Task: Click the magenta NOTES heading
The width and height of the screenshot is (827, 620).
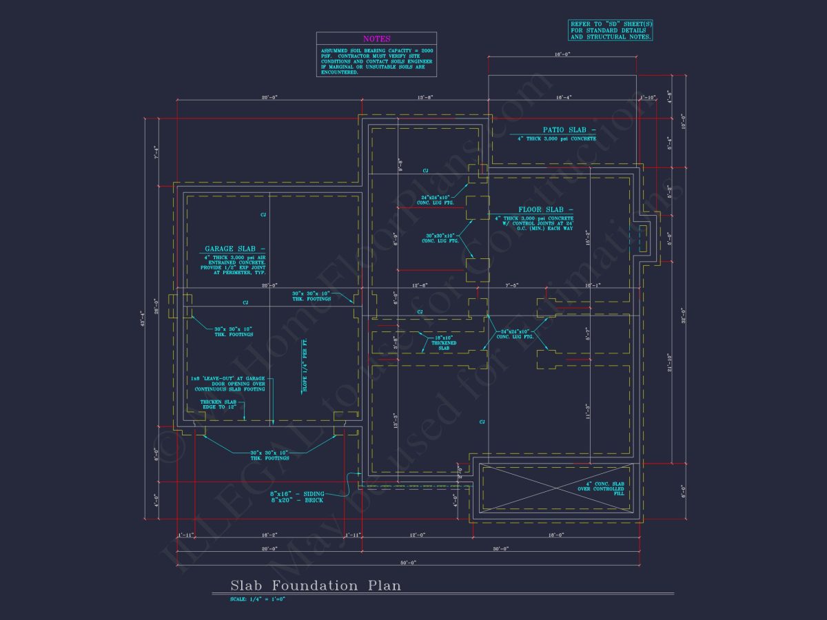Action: click(376, 39)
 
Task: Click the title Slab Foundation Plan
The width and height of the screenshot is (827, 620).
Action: click(315, 586)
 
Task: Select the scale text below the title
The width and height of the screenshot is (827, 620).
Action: click(258, 599)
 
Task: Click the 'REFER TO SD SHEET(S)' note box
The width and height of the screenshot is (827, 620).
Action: click(611, 30)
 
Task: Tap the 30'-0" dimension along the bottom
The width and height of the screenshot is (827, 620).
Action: click(501, 548)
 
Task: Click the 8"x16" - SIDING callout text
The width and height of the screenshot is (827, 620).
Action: click(297, 493)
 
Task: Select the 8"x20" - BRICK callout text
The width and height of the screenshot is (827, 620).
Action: click(297, 500)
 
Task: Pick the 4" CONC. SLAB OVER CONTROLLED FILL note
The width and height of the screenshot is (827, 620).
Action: click(600, 489)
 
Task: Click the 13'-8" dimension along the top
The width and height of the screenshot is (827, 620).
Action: click(426, 98)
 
